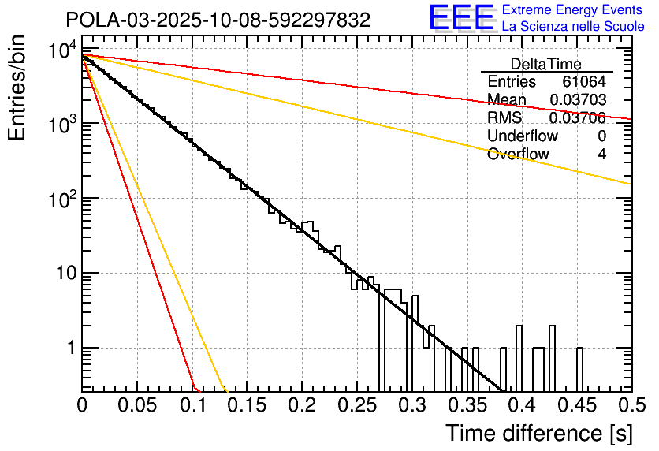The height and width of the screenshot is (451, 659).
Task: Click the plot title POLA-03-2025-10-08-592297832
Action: click(218, 20)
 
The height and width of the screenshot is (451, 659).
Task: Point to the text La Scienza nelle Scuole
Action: click(573, 27)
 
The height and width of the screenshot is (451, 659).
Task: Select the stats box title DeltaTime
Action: click(546, 64)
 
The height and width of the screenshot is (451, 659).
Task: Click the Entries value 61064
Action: click(584, 82)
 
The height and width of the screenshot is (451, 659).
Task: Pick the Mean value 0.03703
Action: click(578, 99)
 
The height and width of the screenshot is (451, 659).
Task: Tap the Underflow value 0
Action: click(601, 136)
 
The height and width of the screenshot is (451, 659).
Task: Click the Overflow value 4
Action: click(601, 154)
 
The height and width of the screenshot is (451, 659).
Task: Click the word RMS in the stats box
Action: click(504, 117)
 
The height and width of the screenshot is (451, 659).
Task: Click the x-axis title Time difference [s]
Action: click(538, 433)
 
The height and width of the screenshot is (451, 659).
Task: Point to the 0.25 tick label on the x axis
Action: click(356, 406)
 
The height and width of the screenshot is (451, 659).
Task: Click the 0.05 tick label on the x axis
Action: click(137, 406)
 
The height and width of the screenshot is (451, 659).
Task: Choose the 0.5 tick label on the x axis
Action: click(630, 406)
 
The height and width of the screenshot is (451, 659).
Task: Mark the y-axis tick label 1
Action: click(69, 348)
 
